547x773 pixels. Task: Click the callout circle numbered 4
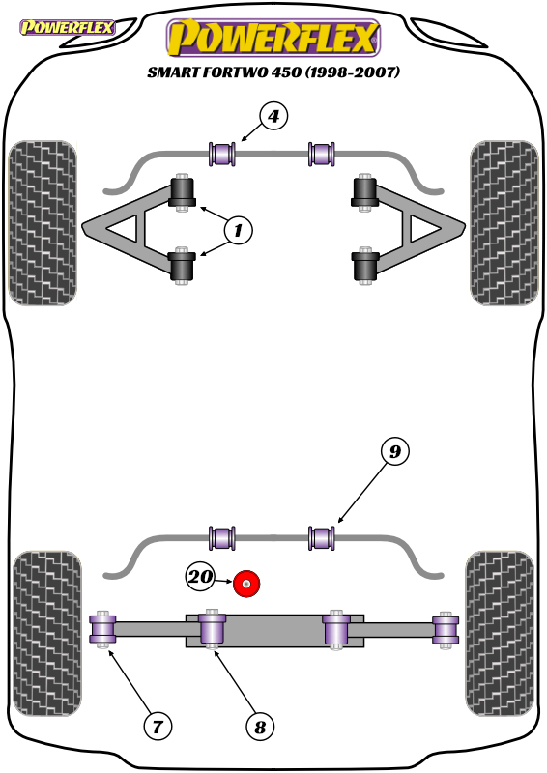[273, 116]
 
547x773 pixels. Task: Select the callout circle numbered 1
[239, 230]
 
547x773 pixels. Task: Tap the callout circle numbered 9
[395, 451]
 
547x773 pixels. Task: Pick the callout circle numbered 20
[200, 576]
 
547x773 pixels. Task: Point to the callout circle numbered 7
[158, 727]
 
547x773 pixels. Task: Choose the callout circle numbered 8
[260, 727]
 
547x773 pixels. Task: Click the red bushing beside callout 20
[246, 584]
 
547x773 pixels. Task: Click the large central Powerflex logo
[273, 38]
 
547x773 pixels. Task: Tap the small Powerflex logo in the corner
[67, 27]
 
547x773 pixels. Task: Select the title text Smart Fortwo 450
[224, 72]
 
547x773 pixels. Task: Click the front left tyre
[43, 223]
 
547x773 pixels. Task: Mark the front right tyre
[504, 223]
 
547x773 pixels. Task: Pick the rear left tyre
[46, 633]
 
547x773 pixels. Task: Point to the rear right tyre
[500, 633]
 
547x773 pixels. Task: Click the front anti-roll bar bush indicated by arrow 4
[222, 154]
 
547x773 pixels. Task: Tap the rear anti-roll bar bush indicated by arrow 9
[321, 538]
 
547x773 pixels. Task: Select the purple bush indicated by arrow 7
[102, 630]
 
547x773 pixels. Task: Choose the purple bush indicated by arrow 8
[212, 629]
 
